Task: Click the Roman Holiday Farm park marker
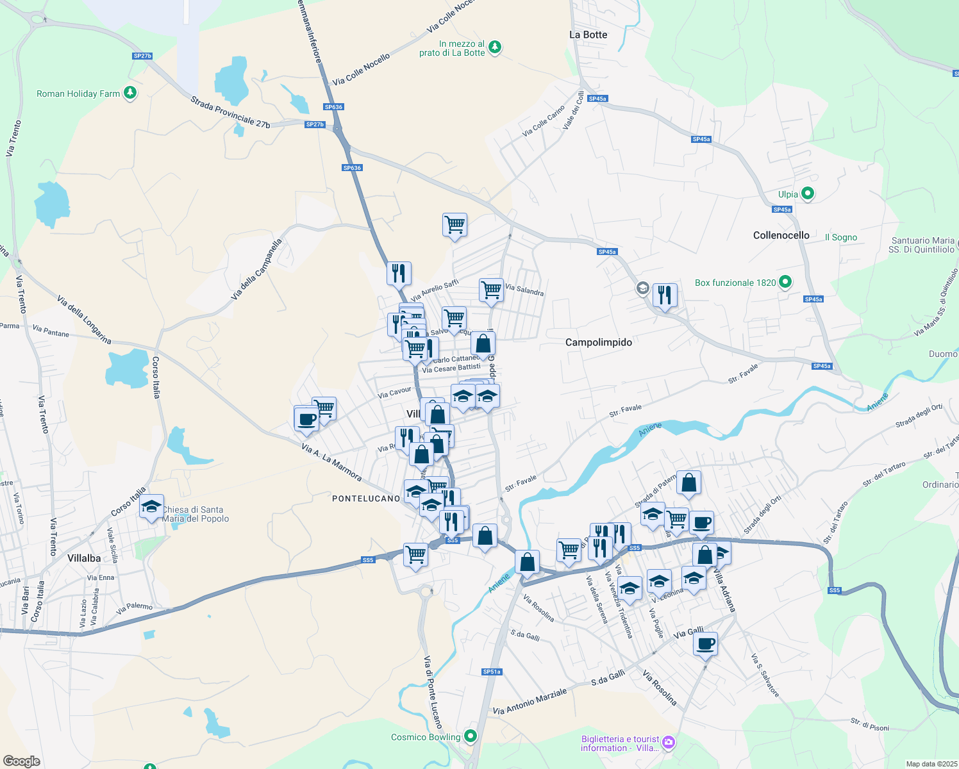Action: click(x=130, y=94)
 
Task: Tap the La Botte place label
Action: click(x=588, y=35)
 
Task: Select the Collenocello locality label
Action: click(x=781, y=235)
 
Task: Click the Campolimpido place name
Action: click(x=598, y=342)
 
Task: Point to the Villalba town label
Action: click(x=84, y=558)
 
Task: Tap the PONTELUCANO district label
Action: click(x=366, y=499)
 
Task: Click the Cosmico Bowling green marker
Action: click(x=471, y=736)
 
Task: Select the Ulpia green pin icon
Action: click(x=808, y=194)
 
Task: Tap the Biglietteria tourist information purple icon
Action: click(x=669, y=743)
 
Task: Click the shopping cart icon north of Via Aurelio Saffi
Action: click(x=454, y=226)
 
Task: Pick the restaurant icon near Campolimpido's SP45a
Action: click(x=665, y=295)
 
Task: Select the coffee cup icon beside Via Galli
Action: click(x=705, y=644)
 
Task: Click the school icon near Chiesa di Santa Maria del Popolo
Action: click(x=151, y=507)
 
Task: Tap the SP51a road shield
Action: click(x=492, y=672)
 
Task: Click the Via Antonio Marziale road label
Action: click(x=530, y=701)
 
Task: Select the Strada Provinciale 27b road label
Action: click(x=230, y=112)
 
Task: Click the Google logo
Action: click(x=22, y=761)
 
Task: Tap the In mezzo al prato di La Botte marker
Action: click(x=494, y=47)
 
